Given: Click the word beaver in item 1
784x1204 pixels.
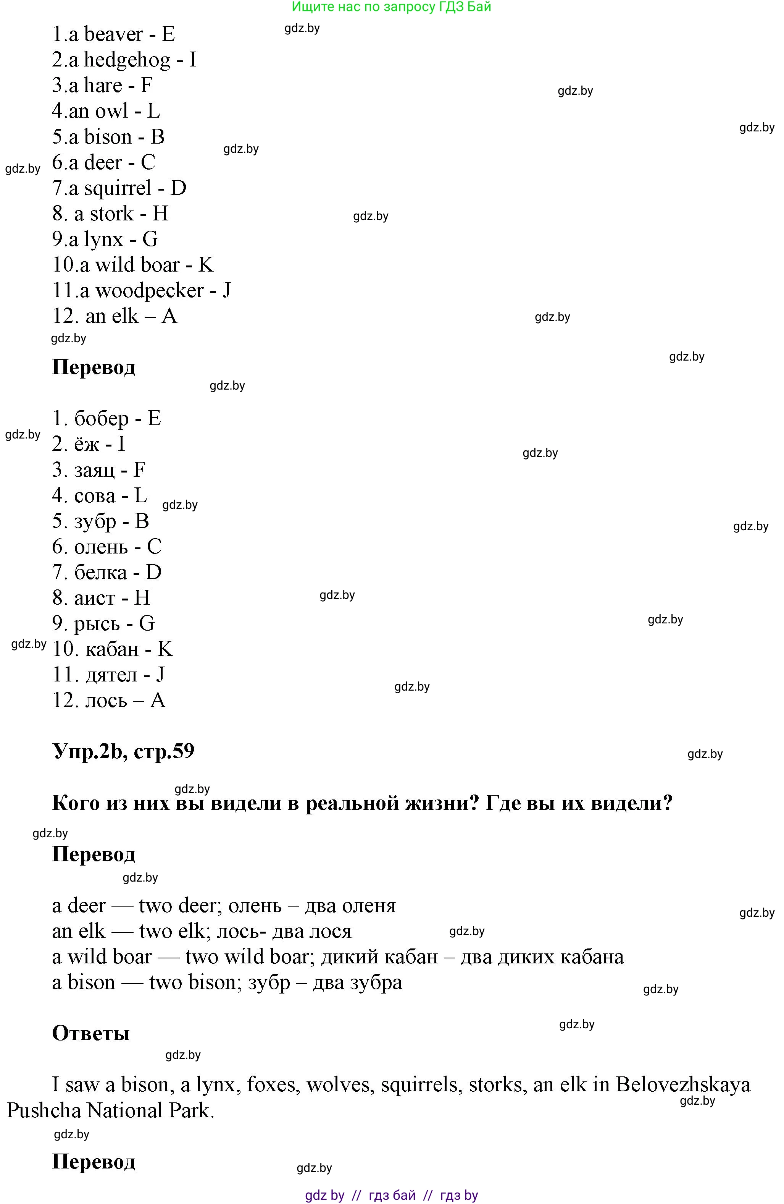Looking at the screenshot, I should pos(113,34).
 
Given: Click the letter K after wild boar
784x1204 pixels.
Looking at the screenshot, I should pos(206,265).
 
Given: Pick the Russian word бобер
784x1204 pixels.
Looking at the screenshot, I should pos(102,419).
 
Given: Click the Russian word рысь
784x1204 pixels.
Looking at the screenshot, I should pos(97,624).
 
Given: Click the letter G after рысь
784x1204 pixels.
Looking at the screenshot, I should pos(147,624).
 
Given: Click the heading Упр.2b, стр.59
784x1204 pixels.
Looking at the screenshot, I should pos(123,751).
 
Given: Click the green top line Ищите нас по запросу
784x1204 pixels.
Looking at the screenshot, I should pos(392,6).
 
